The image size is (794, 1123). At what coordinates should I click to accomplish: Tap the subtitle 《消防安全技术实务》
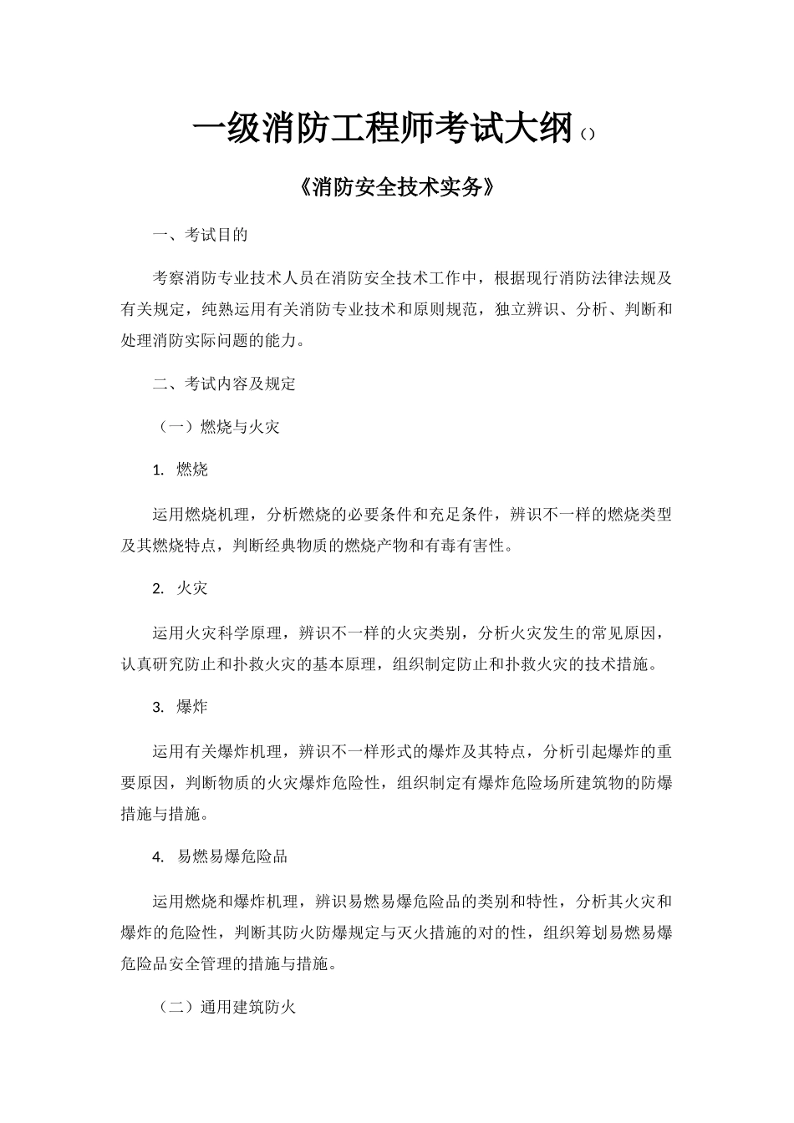[x=397, y=188]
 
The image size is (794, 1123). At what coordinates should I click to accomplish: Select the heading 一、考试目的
[x=201, y=235]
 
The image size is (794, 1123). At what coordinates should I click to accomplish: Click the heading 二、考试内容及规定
[x=224, y=384]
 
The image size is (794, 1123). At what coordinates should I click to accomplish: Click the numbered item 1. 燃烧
[x=181, y=470]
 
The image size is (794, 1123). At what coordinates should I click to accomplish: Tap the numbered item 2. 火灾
[x=181, y=588]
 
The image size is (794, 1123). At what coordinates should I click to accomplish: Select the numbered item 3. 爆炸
[x=181, y=707]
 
